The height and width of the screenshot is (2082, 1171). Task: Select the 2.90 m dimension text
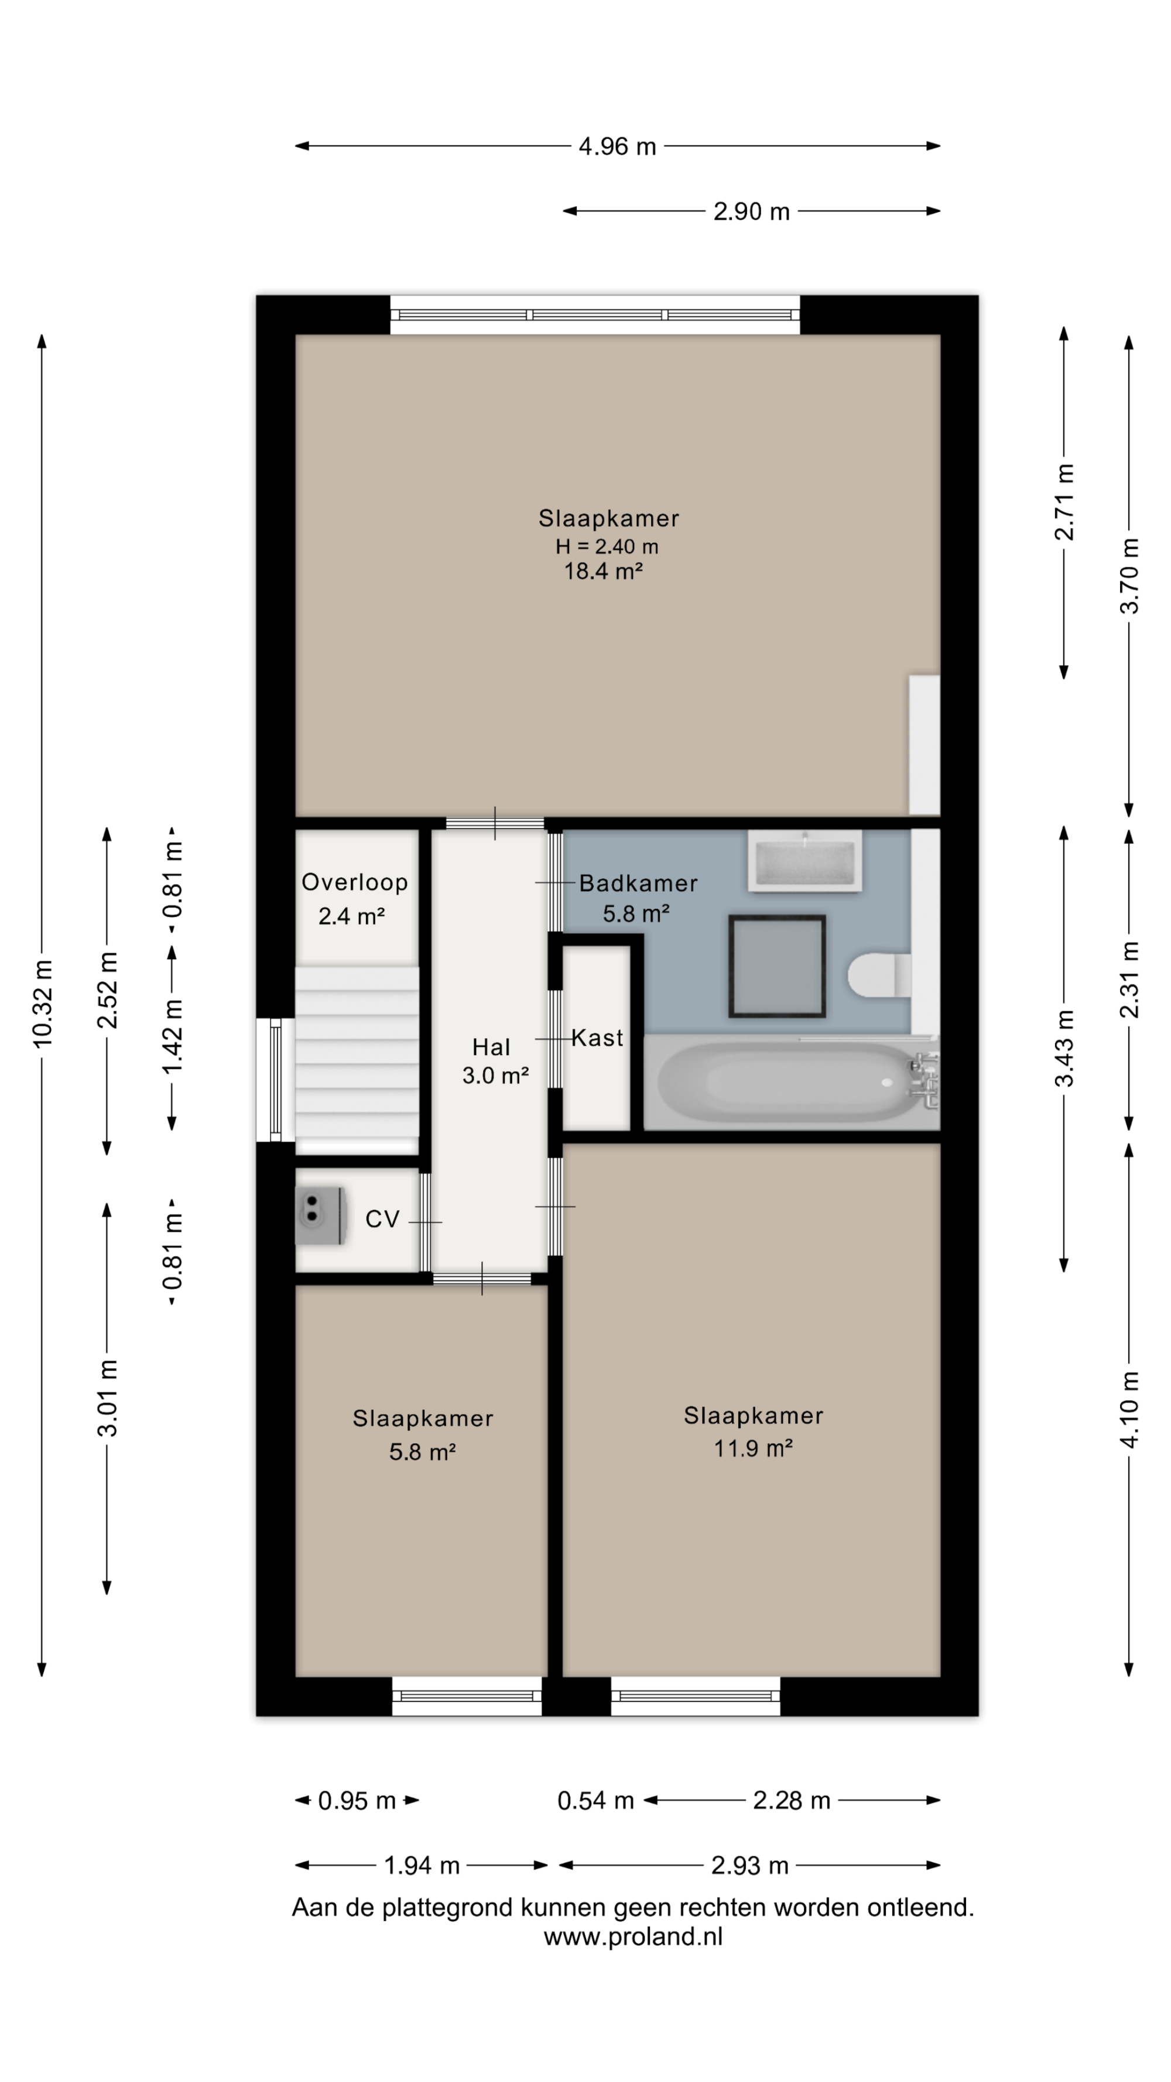(751, 212)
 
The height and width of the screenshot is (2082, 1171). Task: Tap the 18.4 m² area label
(604, 571)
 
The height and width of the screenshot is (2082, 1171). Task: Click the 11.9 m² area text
(753, 1449)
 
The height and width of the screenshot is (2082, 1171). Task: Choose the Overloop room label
(355, 882)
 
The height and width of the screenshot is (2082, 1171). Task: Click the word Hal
(491, 1047)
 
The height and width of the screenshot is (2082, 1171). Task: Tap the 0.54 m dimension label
(595, 1801)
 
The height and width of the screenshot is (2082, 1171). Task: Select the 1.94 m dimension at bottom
(422, 1865)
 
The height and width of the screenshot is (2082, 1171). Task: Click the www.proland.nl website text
(634, 1937)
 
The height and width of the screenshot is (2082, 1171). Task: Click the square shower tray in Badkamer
(776, 966)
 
